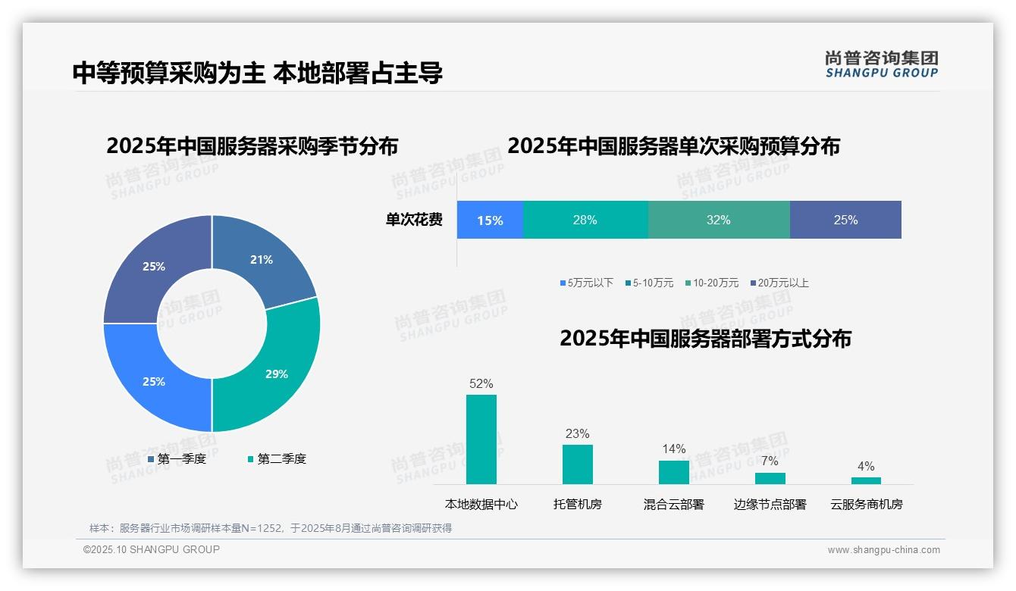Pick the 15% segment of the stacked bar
(490, 220)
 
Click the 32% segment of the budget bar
(718, 220)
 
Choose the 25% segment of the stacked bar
(845, 220)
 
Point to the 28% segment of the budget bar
(585, 220)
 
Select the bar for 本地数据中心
(481, 439)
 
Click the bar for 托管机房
(577, 464)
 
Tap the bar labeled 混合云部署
(673, 472)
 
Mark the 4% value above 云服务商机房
(865, 466)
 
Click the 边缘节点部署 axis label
(770, 505)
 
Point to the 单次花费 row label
(414, 220)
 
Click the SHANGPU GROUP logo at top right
(881, 64)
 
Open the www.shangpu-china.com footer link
(883, 550)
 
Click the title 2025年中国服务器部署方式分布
(705, 339)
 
